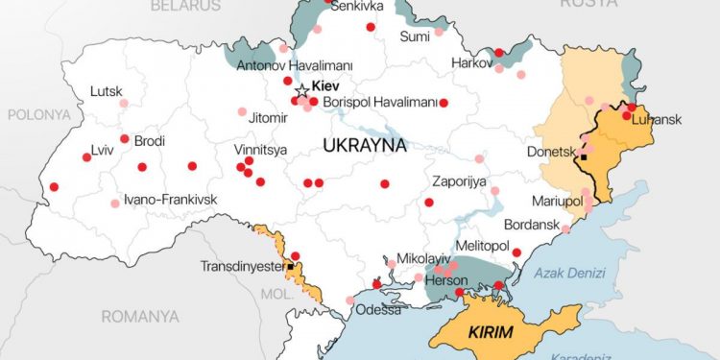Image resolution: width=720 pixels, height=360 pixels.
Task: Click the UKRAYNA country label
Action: [x=365, y=147]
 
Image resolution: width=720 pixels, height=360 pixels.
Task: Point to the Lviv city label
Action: [x=101, y=150]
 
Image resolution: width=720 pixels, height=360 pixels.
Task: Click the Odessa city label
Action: [x=377, y=309]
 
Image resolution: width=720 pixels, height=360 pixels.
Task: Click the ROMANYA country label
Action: [x=140, y=315]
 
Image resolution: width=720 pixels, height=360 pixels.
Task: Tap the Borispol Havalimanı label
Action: [x=380, y=102]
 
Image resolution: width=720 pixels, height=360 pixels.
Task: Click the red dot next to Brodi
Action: [x=125, y=139]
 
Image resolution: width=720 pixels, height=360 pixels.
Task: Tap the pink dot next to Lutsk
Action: [x=123, y=103]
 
